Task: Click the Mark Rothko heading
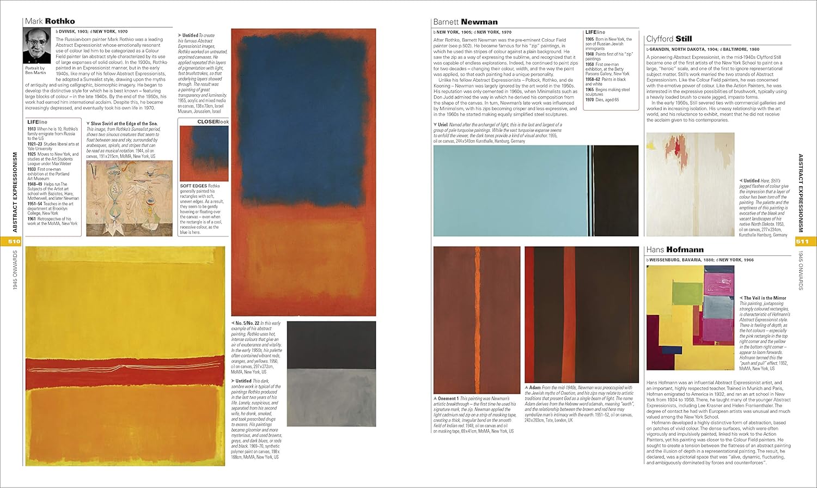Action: [50, 21]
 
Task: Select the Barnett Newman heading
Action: [465, 22]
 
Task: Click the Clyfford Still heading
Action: [669, 39]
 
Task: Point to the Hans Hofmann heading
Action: [674, 249]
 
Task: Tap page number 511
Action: [802, 241]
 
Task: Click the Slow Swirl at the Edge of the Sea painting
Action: [129, 198]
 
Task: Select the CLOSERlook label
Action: [213, 122]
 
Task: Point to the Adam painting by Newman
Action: [581, 314]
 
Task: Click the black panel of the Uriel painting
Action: [615, 191]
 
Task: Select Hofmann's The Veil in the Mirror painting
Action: [690, 317]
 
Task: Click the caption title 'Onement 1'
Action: [448, 399]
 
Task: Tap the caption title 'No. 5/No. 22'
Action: [247, 324]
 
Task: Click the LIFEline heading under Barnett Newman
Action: [595, 32]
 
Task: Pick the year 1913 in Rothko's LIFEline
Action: [32, 129]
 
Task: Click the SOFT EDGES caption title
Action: [193, 186]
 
